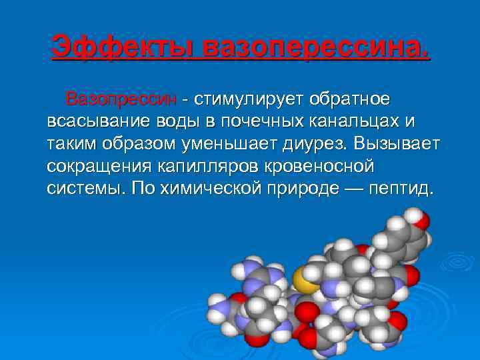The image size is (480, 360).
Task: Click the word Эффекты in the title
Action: click(x=122, y=47)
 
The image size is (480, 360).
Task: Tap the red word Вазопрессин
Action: click(x=121, y=99)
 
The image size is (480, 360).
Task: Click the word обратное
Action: click(x=346, y=99)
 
